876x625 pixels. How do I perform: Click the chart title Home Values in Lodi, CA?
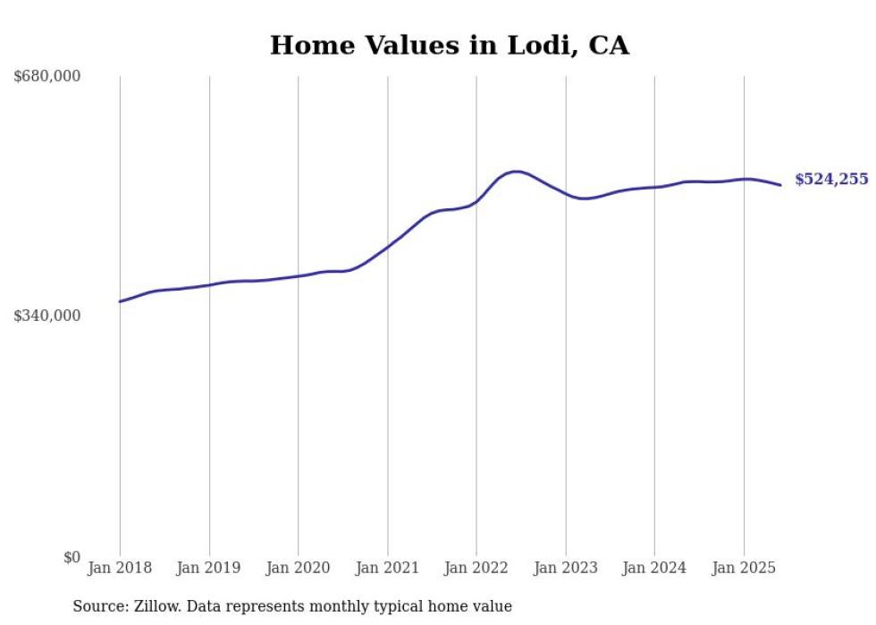(x=450, y=45)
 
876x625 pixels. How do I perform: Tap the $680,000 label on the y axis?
(x=47, y=77)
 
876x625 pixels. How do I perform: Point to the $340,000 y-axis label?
(x=47, y=316)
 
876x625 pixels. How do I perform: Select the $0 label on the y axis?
(x=72, y=558)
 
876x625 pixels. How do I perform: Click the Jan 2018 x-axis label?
(x=120, y=568)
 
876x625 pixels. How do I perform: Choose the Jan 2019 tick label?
(x=209, y=568)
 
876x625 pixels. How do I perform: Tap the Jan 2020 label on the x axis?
(x=298, y=568)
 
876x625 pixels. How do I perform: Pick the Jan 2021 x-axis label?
(x=387, y=568)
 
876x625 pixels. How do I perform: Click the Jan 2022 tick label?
(x=476, y=568)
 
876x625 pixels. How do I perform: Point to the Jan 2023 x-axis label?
(x=565, y=568)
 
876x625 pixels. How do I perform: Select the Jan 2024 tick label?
(x=654, y=568)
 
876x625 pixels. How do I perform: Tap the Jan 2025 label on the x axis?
(x=744, y=568)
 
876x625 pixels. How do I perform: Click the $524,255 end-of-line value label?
(x=831, y=180)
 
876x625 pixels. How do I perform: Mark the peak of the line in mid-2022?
(x=515, y=171)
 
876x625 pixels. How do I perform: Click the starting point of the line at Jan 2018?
(x=120, y=301)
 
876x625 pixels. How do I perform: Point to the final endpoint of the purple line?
(x=780, y=185)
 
